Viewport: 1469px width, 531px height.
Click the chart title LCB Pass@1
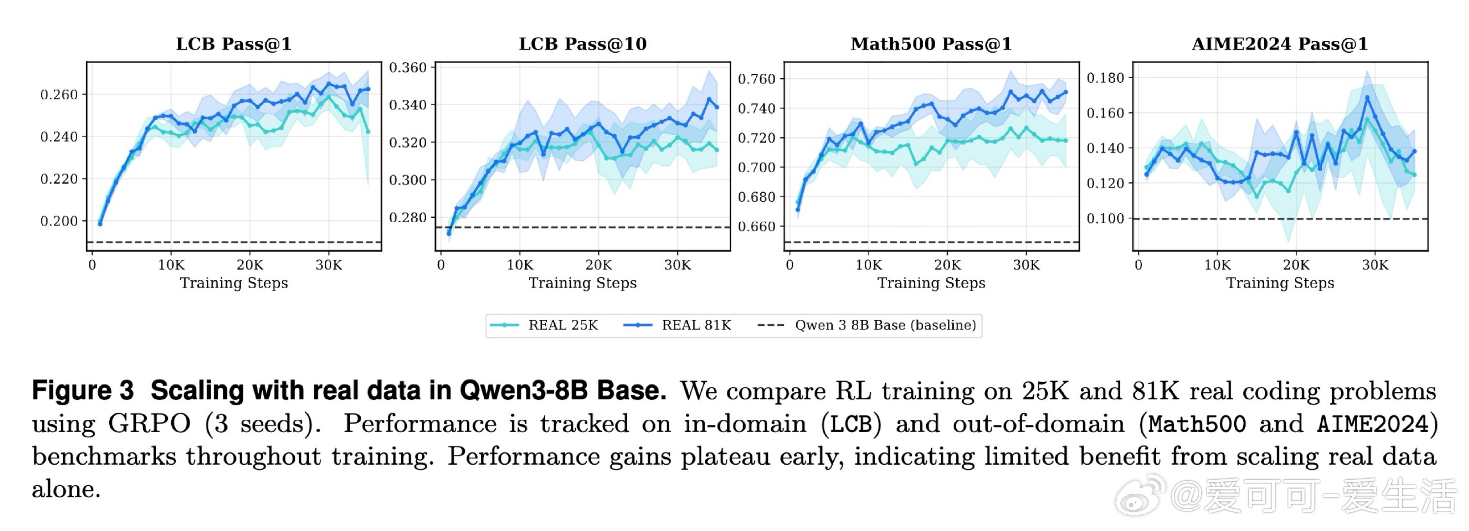click(234, 44)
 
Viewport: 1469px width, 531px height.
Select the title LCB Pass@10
click(582, 44)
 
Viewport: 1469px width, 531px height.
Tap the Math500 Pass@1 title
click(931, 44)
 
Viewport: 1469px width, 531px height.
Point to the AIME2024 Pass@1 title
click(1280, 44)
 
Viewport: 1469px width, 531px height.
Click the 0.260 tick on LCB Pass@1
click(59, 94)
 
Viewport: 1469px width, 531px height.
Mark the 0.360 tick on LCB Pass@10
click(408, 67)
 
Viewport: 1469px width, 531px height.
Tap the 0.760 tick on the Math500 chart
click(757, 79)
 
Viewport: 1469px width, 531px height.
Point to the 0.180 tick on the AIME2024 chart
click(1105, 78)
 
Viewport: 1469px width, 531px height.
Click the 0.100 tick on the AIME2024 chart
click(1105, 218)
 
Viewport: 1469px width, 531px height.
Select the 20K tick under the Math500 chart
click(947, 265)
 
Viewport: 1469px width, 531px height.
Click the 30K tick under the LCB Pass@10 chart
click(678, 265)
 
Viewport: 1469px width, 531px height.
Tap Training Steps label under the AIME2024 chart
click(1280, 283)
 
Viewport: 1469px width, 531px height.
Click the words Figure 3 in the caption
click(83, 391)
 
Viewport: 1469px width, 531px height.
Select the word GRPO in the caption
click(150, 424)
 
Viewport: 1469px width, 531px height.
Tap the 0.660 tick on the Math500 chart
click(757, 226)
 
